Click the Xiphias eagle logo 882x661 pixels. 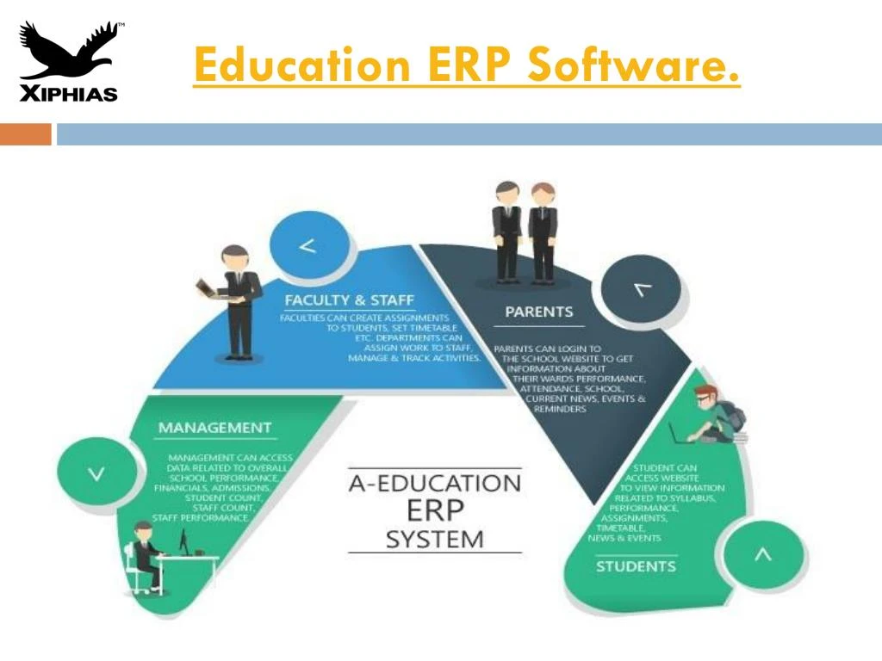68,60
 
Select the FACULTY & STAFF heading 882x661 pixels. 350,300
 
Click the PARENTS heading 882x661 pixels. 539,312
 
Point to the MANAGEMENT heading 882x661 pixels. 214,428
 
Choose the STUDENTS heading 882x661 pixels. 636,566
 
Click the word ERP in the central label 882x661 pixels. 435,511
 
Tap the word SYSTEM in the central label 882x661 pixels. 435,540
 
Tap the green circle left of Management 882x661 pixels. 96,472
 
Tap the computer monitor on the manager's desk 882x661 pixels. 183,543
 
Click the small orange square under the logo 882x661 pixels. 25,134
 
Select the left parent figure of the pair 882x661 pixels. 506,231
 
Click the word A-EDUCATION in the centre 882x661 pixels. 435,482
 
